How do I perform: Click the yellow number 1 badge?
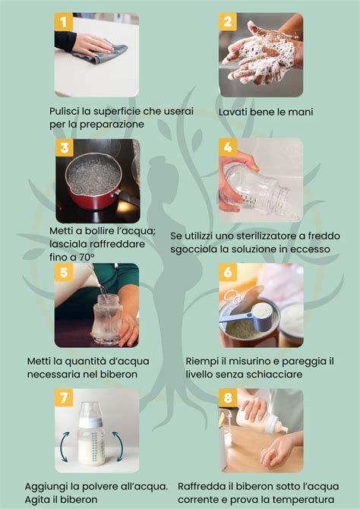(65, 22)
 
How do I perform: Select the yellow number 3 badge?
(65, 148)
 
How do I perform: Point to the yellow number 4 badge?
(228, 147)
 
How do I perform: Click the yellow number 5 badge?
(65, 273)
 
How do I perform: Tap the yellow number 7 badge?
(65, 398)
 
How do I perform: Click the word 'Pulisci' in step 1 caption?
(66, 112)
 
